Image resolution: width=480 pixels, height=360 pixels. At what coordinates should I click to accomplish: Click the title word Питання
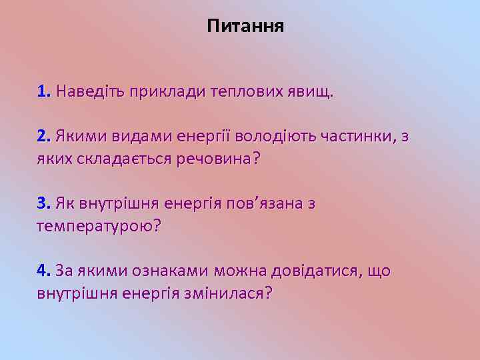245,27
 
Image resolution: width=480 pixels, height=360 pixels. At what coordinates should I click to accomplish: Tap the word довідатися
314,271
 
